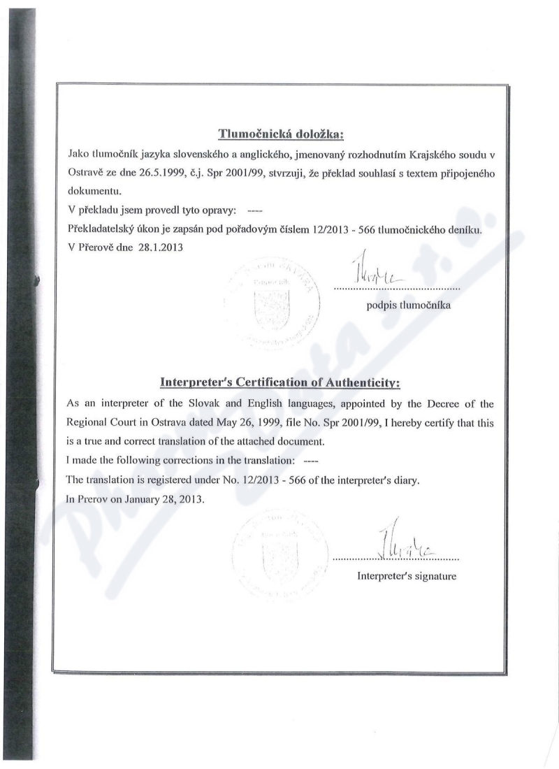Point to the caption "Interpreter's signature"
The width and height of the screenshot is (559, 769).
(397, 576)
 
